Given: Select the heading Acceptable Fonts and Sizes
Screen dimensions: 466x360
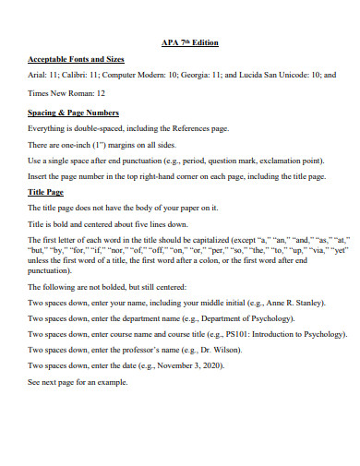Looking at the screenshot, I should (x=76, y=59).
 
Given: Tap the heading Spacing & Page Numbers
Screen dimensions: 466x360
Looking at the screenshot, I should (x=74, y=113).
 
